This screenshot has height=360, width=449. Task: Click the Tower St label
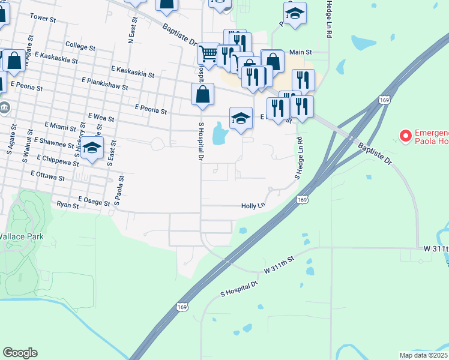tap(43, 19)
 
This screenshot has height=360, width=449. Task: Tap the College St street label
tap(80, 46)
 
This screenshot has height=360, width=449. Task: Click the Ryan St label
tap(68, 205)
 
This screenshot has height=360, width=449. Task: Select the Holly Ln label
tap(253, 206)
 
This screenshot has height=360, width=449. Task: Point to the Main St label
tap(301, 52)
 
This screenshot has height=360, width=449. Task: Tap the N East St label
tap(131, 30)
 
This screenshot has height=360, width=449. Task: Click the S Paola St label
tap(121, 191)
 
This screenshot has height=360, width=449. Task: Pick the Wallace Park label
tap(22, 237)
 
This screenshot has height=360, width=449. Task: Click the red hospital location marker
tap(405, 136)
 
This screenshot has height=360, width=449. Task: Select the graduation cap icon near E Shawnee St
tap(92, 148)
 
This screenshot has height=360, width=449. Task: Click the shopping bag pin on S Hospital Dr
tap(203, 94)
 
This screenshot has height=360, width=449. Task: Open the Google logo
tap(20, 353)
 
